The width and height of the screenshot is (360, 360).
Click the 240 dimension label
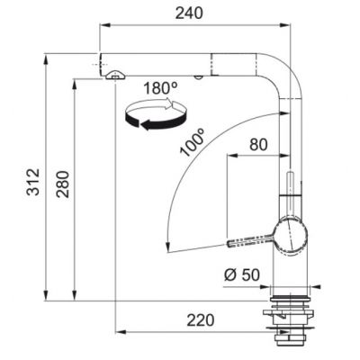click(x=189, y=13)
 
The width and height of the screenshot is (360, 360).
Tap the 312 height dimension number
click(x=33, y=182)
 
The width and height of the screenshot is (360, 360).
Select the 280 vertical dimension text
click(x=63, y=184)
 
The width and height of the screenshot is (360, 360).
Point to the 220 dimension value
click(x=201, y=320)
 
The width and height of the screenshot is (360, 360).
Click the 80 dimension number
click(x=258, y=145)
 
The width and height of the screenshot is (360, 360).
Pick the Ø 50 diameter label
click(x=242, y=274)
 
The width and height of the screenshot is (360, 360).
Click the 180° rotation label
click(x=160, y=88)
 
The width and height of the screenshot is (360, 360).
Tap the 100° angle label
click(x=192, y=142)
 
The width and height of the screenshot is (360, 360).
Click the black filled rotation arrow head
click(x=146, y=124)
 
